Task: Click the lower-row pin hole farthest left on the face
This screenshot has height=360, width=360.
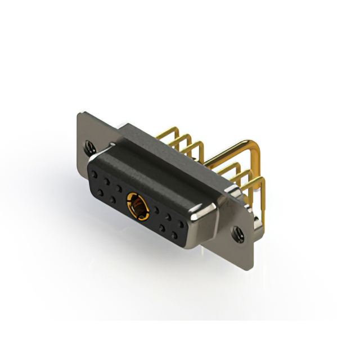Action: pos(100,193)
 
